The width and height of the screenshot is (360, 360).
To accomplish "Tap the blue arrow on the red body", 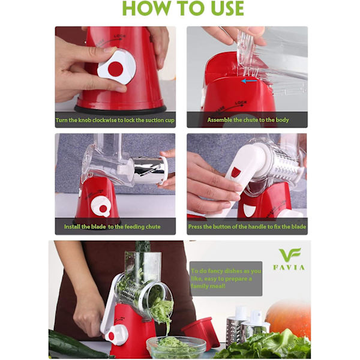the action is (x=249, y=81).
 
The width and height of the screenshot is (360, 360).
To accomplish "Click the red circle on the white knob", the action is (x=115, y=69).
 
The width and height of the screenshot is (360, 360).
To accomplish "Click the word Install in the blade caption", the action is (x=73, y=227).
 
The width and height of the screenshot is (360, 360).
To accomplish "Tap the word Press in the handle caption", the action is (x=195, y=227).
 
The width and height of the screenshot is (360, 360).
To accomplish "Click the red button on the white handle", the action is (x=236, y=172).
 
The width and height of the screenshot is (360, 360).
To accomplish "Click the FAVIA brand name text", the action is (x=289, y=268).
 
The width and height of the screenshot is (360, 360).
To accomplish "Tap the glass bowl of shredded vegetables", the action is (x=176, y=347).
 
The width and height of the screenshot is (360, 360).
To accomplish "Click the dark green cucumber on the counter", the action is (x=76, y=346).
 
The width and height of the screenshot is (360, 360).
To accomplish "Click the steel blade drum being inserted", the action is (x=149, y=170).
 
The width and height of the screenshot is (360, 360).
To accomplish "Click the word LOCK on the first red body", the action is (x=119, y=37).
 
